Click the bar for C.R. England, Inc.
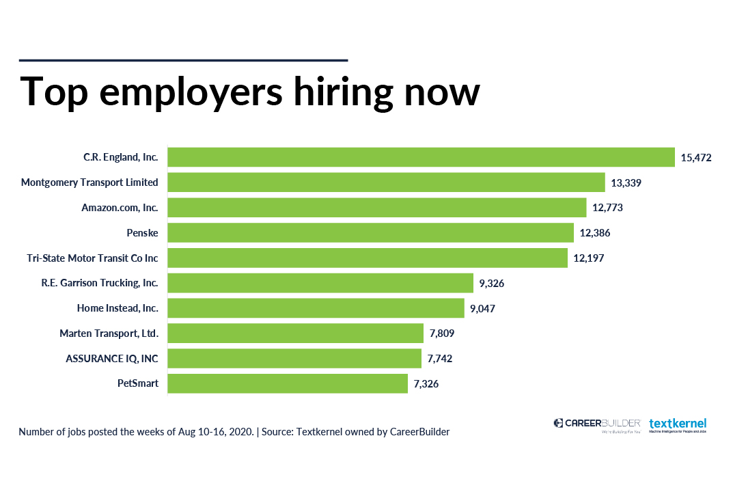[421, 157]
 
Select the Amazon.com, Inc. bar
[377, 208]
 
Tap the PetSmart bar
[288, 383]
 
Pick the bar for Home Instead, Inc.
[316, 308]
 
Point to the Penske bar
[370, 233]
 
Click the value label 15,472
[696, 158]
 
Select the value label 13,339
[626, 182]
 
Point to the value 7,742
[440, 359]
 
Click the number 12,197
[588, 258]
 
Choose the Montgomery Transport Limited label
[89, 182]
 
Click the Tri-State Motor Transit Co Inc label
[92, 258]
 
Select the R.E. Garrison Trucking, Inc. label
[100, 283]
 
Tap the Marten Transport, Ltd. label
[109, 334]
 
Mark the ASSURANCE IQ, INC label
[112, 359]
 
